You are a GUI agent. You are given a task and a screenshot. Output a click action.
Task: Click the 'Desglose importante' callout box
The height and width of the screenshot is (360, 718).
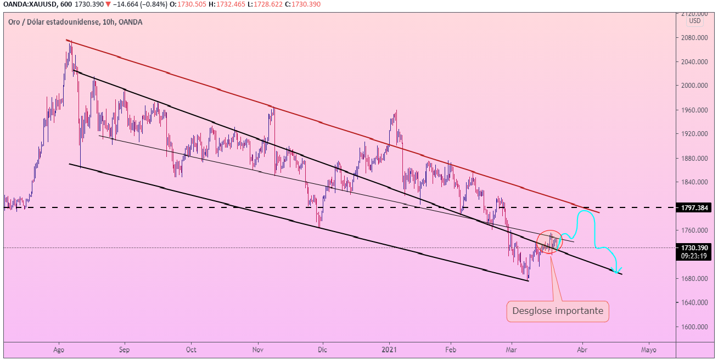(x=557, y=311)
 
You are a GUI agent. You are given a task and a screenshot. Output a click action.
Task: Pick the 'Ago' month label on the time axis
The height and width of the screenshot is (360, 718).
(x=59, y=349)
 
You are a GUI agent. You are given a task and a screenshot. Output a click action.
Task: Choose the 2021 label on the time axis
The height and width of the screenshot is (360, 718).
(x=389, y=349)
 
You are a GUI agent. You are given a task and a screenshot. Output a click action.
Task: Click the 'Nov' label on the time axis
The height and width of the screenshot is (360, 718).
(x=259, y=349)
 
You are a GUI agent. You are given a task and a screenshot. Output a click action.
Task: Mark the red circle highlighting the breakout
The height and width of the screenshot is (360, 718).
(x=549, y=242)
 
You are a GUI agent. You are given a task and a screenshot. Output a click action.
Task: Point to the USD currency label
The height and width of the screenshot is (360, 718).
(x=695, y=21)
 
